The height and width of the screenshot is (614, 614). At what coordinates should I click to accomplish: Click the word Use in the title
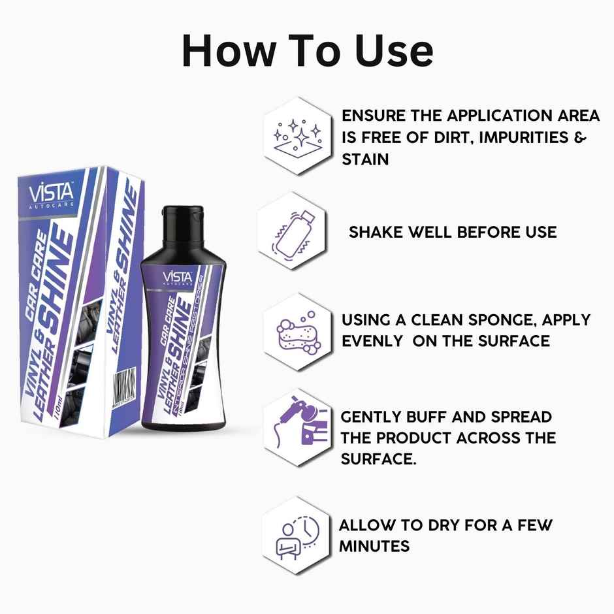click(392, 50)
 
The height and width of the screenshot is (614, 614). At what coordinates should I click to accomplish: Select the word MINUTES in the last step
click(374, 545)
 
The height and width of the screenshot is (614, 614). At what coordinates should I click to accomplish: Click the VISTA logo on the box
click(52, 193)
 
